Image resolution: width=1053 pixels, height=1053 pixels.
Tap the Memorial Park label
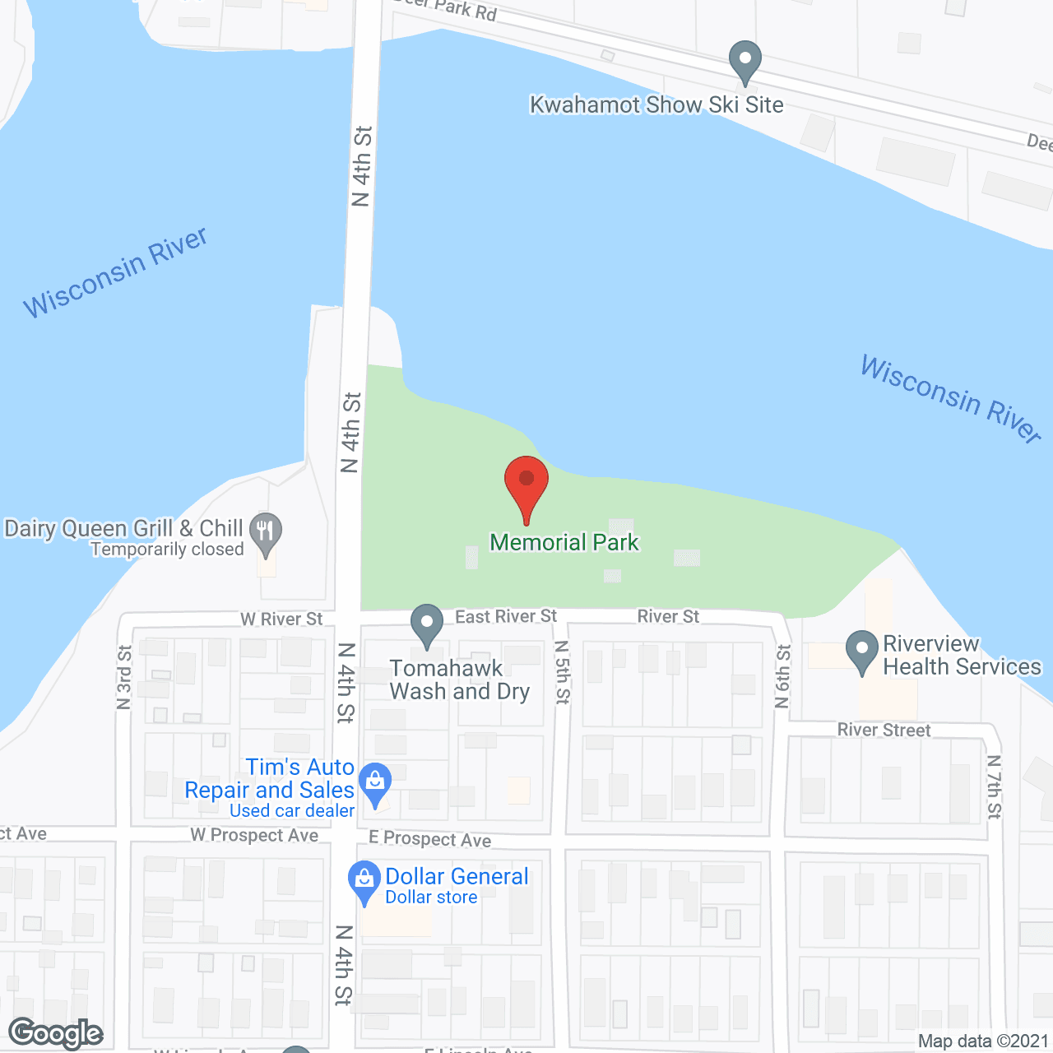coord(564,543)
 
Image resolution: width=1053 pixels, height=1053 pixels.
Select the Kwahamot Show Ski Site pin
coord(745,62)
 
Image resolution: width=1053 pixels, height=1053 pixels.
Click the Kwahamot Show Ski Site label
coord(656,105)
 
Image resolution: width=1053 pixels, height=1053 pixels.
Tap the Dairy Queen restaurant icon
coord(265,532)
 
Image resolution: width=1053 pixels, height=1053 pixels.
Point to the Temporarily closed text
coord(167,550)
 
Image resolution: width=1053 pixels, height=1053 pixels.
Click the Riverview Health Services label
coord(962,656)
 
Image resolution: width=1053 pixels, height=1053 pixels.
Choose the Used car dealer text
coord(292,811)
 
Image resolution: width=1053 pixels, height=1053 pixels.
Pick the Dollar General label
coord(457,877)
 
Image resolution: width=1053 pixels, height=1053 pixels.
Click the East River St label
coord(506,617)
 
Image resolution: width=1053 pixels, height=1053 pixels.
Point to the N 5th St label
coord(562,672)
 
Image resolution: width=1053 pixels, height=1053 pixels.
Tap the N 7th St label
coord(994,787)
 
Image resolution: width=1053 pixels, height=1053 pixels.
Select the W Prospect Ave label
coord(254,835)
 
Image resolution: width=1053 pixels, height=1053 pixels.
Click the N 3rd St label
coord(124,677)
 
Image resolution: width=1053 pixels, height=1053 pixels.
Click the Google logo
coord(55,1033)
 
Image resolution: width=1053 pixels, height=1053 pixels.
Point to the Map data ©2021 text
coord(983,1041)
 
